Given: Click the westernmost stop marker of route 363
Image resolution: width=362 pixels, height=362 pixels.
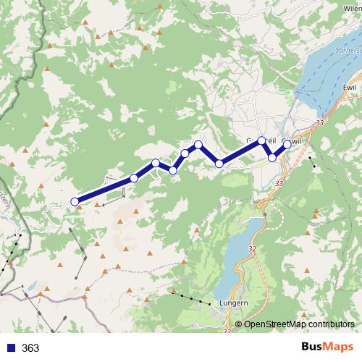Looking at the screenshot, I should [75, 202].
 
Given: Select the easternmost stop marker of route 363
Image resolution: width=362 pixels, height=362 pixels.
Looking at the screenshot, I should [287, 144].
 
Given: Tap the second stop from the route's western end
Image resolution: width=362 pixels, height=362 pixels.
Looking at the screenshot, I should [135, 178].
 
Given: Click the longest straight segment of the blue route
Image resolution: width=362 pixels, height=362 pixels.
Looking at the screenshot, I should [104, 190].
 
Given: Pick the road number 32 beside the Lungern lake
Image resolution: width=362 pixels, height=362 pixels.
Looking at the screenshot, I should [252, 248].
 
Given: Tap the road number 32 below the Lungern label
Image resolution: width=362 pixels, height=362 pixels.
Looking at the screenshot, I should [228, 331].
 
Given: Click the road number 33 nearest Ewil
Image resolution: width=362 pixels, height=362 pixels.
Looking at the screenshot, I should [319, 125].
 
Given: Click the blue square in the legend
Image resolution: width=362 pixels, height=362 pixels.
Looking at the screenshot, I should [10, 348].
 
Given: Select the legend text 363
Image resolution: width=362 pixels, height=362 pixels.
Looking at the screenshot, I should [30, 348].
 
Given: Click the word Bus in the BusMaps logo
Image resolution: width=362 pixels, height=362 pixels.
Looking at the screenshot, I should [313, 348].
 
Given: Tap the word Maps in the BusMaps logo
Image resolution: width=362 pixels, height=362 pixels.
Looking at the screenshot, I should [338, 348].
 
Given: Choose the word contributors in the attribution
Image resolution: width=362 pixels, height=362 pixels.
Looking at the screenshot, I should [329, 324].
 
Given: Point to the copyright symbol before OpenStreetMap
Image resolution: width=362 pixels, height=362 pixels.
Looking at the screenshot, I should [240, 324].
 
